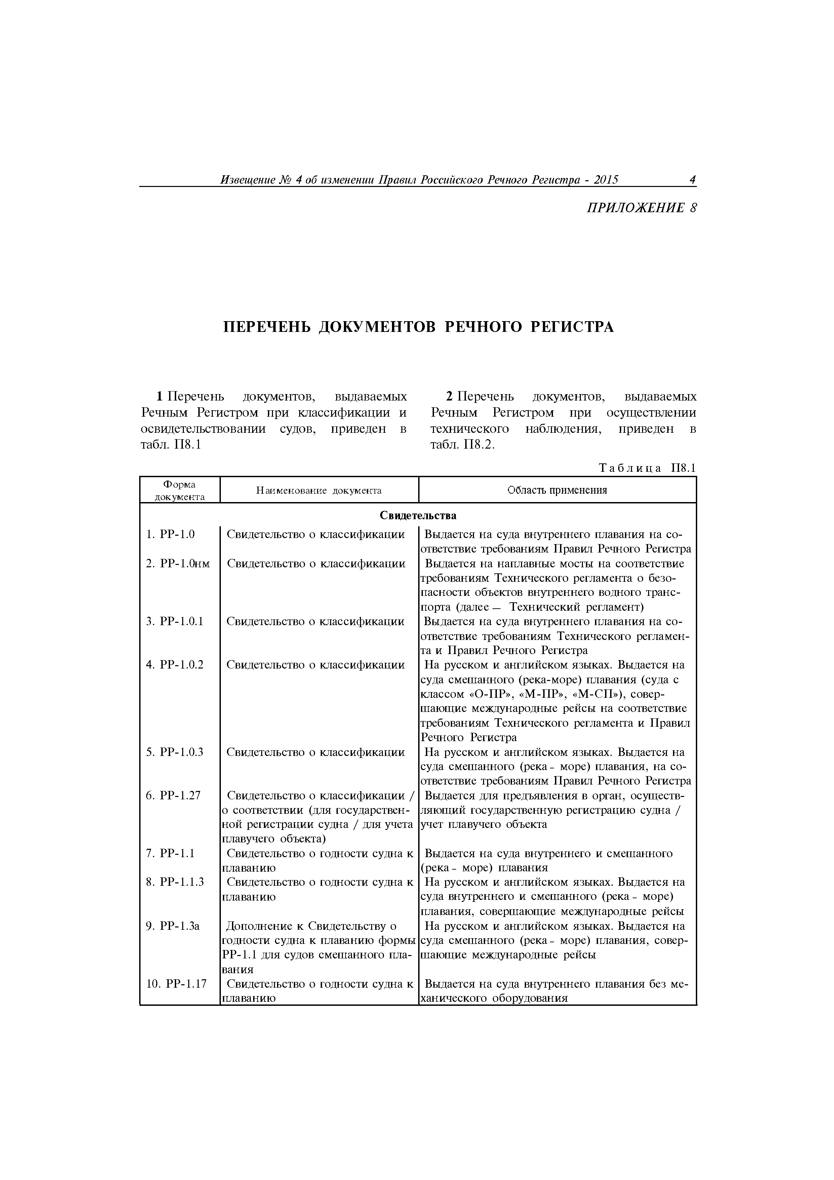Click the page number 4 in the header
[692, 180]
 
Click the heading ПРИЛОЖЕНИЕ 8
[642, 208]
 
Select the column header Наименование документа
[319, 490]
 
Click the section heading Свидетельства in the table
[418, 515]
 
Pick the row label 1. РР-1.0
[171, 534]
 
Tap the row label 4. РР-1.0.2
[175, 664]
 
